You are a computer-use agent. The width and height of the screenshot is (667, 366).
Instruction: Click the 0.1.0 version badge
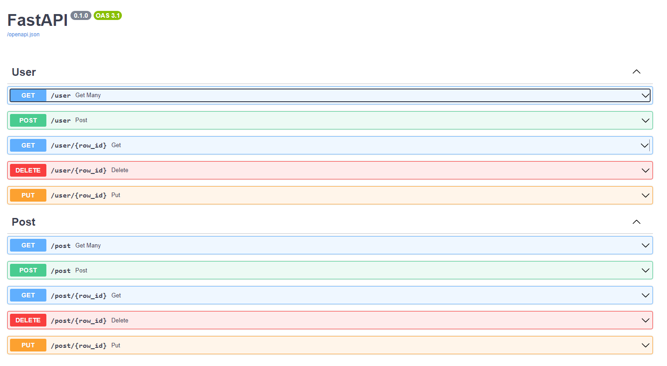click(x=81, y=15)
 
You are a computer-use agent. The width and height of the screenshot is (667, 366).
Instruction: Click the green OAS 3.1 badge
click(x=108, y=15)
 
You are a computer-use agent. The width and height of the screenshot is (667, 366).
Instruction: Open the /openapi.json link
click(x=23, y=35)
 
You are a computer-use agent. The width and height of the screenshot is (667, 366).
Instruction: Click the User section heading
click(x=24, y=72)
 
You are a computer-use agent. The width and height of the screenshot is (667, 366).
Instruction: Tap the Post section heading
click(x=24, y=222)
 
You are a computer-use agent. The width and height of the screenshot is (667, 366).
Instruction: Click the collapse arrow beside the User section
click(x=637, y=72)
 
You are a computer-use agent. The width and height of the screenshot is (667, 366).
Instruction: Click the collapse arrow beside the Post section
click(x=637, y=222)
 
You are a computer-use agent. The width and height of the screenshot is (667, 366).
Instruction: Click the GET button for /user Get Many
click(x=28, y=95)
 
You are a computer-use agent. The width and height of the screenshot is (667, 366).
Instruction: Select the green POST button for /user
click(x=28, y=120)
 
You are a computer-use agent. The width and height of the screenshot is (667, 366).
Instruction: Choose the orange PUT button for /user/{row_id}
click(x=28, y=195)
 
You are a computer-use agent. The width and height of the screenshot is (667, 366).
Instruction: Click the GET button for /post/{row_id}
click(x=28, y=296)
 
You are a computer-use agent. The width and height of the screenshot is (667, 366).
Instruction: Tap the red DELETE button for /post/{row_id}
click(x=28, y=321)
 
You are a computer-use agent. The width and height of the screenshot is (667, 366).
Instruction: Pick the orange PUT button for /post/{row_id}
click(x=28, y=346)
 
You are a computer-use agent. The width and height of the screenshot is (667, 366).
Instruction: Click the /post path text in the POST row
click(x=60, y=271)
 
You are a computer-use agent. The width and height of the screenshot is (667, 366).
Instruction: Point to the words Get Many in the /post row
click(x=88, y=246)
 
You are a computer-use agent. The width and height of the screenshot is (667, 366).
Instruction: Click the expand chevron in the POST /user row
click(x=645, y=120)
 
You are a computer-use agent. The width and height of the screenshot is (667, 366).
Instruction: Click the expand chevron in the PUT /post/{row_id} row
click(x=645, y=346)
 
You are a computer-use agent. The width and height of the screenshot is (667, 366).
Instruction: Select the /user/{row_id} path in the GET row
click(x=79, y=145)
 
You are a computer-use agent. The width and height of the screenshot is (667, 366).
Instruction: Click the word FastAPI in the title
click(x=37, y=20)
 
